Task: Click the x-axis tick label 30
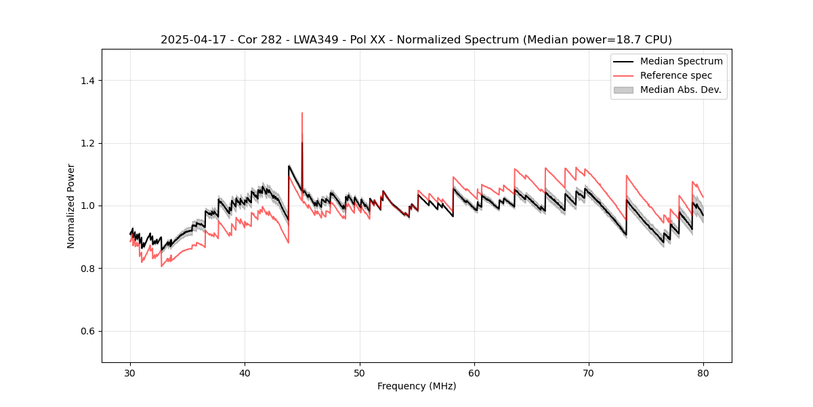[130, 373]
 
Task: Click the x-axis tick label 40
[245, 373]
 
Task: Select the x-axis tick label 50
[359, 373]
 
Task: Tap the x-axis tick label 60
[474, 373]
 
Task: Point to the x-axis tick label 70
[589, 373]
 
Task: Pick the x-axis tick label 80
[703, 373]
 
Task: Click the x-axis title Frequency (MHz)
[417, 386]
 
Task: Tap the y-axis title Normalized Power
[71, 206]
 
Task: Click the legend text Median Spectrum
[681, 61]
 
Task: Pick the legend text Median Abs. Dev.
[681, 90]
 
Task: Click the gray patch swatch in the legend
[623, 90]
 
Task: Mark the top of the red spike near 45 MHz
[302, 113]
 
